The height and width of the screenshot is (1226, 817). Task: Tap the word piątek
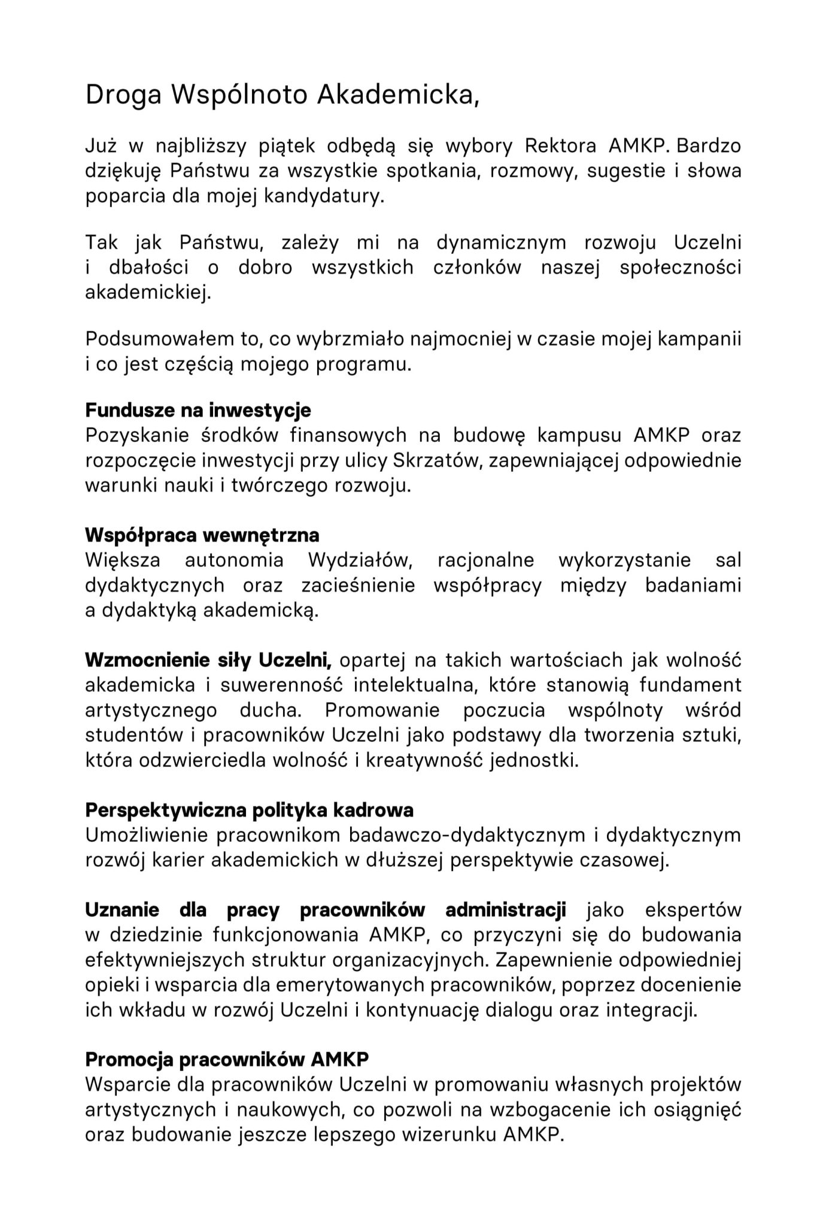pos(280,147)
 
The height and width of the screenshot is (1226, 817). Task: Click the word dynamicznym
pos(501,243)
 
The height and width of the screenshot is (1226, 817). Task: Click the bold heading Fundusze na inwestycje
pos(198,411)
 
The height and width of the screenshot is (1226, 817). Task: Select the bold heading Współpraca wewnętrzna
pos(202,535)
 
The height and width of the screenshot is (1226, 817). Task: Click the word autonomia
pos(234,560)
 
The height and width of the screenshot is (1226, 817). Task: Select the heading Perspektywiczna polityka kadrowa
pos(250,810)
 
